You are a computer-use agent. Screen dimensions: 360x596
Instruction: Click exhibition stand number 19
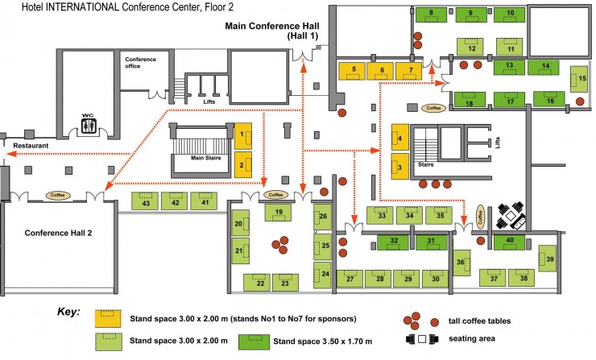(x=278, y=212)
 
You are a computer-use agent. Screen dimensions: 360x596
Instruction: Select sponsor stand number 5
(x=353, y=72)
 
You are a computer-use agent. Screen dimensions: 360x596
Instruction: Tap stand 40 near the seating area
(x=510, y=240)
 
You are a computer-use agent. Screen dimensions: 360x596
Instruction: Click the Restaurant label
(x=31, y=145)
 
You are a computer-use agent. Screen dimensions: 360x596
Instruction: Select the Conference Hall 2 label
(x=58, y=233)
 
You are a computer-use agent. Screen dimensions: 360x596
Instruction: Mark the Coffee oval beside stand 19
(x=276, y=194)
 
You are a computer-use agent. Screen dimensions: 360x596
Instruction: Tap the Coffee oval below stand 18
(x=434, y=107)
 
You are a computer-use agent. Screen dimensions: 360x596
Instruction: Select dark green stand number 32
(x=394, y=240)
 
